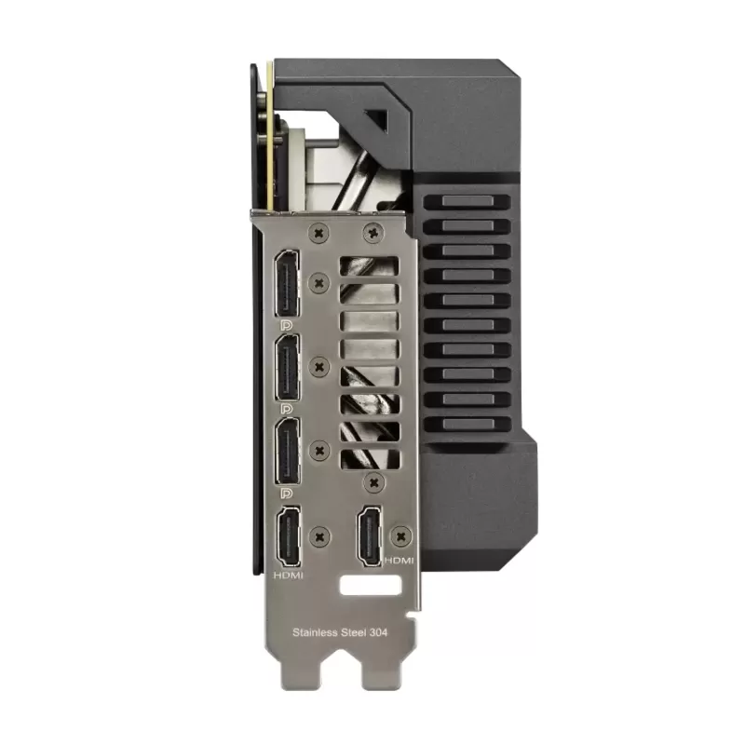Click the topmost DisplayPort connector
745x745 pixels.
coord(287,284)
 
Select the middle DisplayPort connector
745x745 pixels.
coord(287,367)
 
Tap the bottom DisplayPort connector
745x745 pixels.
coord(287,452)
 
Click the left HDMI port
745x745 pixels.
coord(289,536)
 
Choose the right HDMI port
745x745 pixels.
coord(370,535)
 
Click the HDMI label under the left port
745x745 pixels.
coord(289,576)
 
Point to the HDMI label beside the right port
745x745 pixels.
coord(400,561)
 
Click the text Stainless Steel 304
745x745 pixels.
coord(340,632)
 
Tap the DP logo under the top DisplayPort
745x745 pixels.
coord(287,325)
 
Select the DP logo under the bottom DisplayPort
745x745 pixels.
coord(287,494)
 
